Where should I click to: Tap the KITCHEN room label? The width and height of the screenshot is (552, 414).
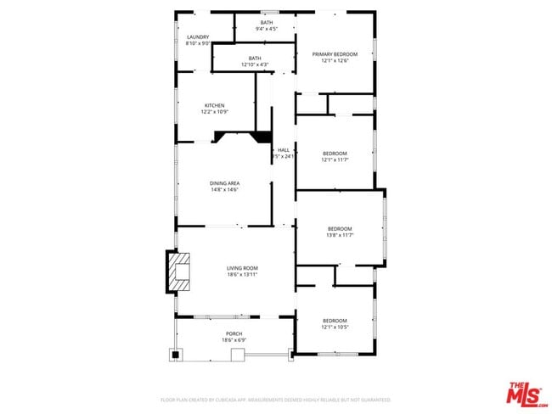[214, 105]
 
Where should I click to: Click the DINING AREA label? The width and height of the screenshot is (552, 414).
[225, 183]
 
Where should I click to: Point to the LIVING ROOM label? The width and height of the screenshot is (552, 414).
[242, 267]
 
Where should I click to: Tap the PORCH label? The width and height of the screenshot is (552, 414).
[234, 333]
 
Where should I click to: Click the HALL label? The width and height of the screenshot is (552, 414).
[284, 150]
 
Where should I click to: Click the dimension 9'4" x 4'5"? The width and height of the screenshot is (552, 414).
[267, 29]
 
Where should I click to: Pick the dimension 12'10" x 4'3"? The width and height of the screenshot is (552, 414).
[255, 64]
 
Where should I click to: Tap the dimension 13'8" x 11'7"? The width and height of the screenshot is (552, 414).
[340, 235]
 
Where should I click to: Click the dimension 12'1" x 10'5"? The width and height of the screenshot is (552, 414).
[335, 327]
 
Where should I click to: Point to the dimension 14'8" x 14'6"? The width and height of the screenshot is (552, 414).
[225, 190]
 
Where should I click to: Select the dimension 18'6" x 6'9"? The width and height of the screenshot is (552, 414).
[234, 340]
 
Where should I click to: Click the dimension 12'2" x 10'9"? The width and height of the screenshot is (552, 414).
[214, 112]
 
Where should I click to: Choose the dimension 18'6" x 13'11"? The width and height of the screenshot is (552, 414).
[242, 274]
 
